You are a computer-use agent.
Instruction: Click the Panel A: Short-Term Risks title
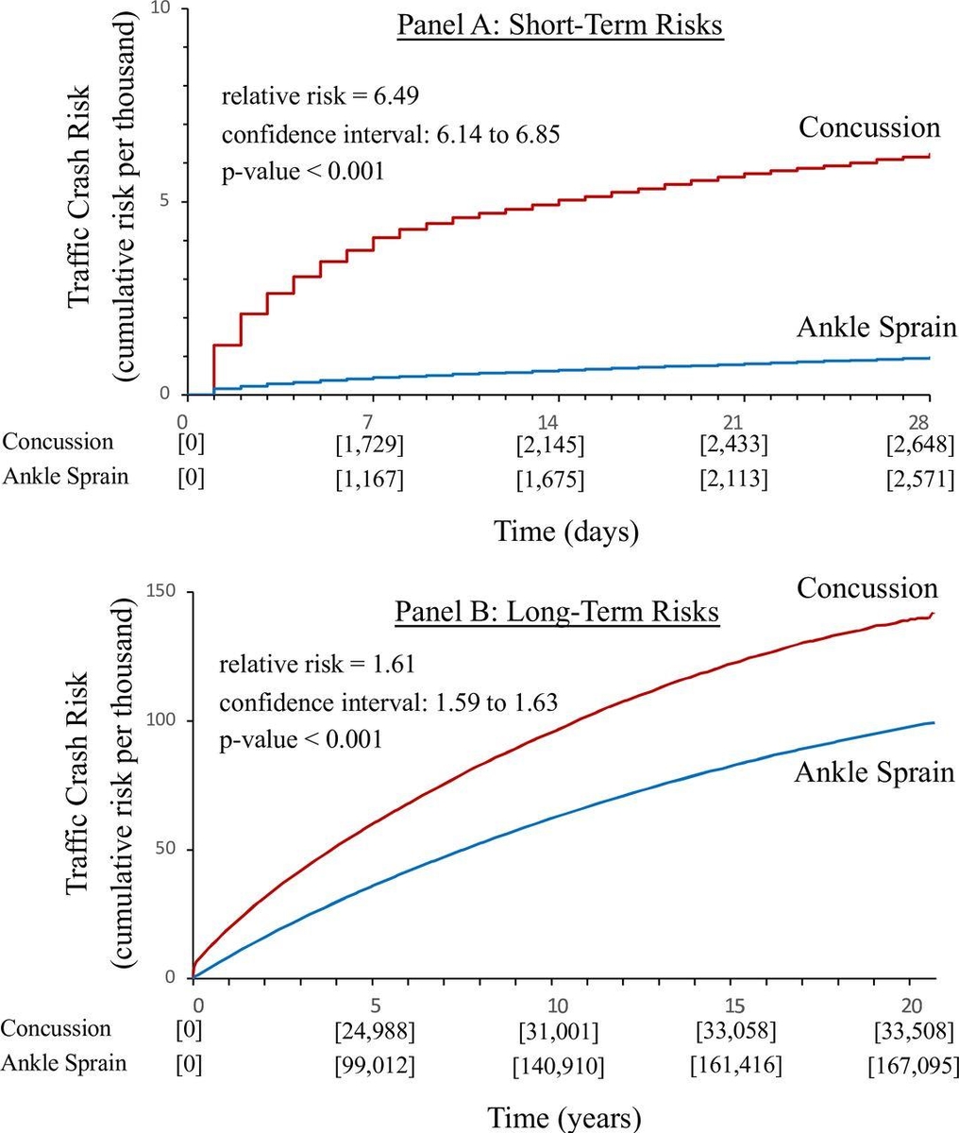(559, 25)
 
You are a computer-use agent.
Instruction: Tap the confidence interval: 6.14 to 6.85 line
(392, 134)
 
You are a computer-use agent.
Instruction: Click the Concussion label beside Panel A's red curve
(869, 127)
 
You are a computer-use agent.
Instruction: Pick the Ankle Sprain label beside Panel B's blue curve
(875, 772)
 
